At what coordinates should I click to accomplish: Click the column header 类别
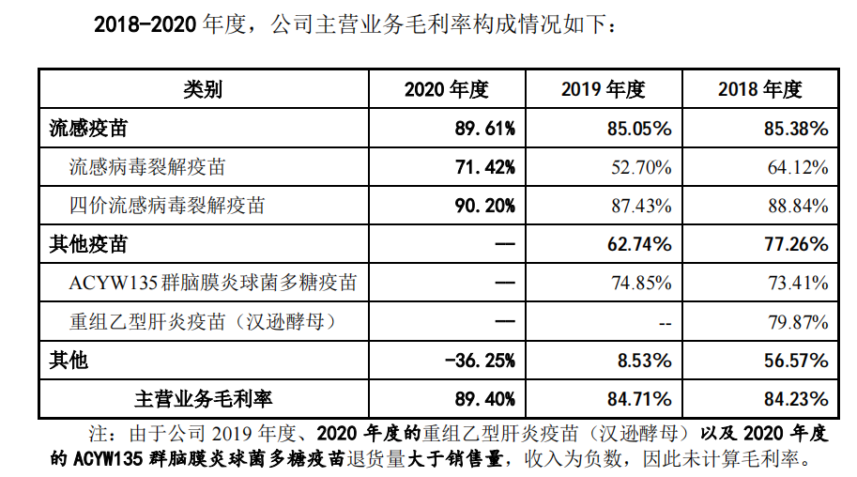[202, 90]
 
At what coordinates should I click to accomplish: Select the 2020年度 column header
[447, 90]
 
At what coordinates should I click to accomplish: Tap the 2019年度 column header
[603, 90]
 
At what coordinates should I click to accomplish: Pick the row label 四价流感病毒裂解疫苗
[167, 206]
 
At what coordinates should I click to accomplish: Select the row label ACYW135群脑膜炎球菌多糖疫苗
[212, 283]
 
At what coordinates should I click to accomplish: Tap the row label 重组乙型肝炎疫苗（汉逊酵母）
[203, 321]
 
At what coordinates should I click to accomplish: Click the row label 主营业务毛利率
[203, 398]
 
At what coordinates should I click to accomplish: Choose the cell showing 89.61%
[484, 129]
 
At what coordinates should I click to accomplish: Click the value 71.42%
[484, 167]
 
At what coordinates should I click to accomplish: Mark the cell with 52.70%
[640, 167]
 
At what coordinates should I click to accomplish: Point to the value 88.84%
[797, 206]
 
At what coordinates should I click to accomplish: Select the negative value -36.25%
[479, 360]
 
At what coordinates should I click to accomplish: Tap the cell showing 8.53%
[645, 360]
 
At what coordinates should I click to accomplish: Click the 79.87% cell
[797, 321]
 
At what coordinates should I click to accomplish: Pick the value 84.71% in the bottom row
[639, 398]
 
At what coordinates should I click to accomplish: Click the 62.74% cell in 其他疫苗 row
[639, 244]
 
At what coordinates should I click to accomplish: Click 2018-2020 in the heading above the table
[142, 25]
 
